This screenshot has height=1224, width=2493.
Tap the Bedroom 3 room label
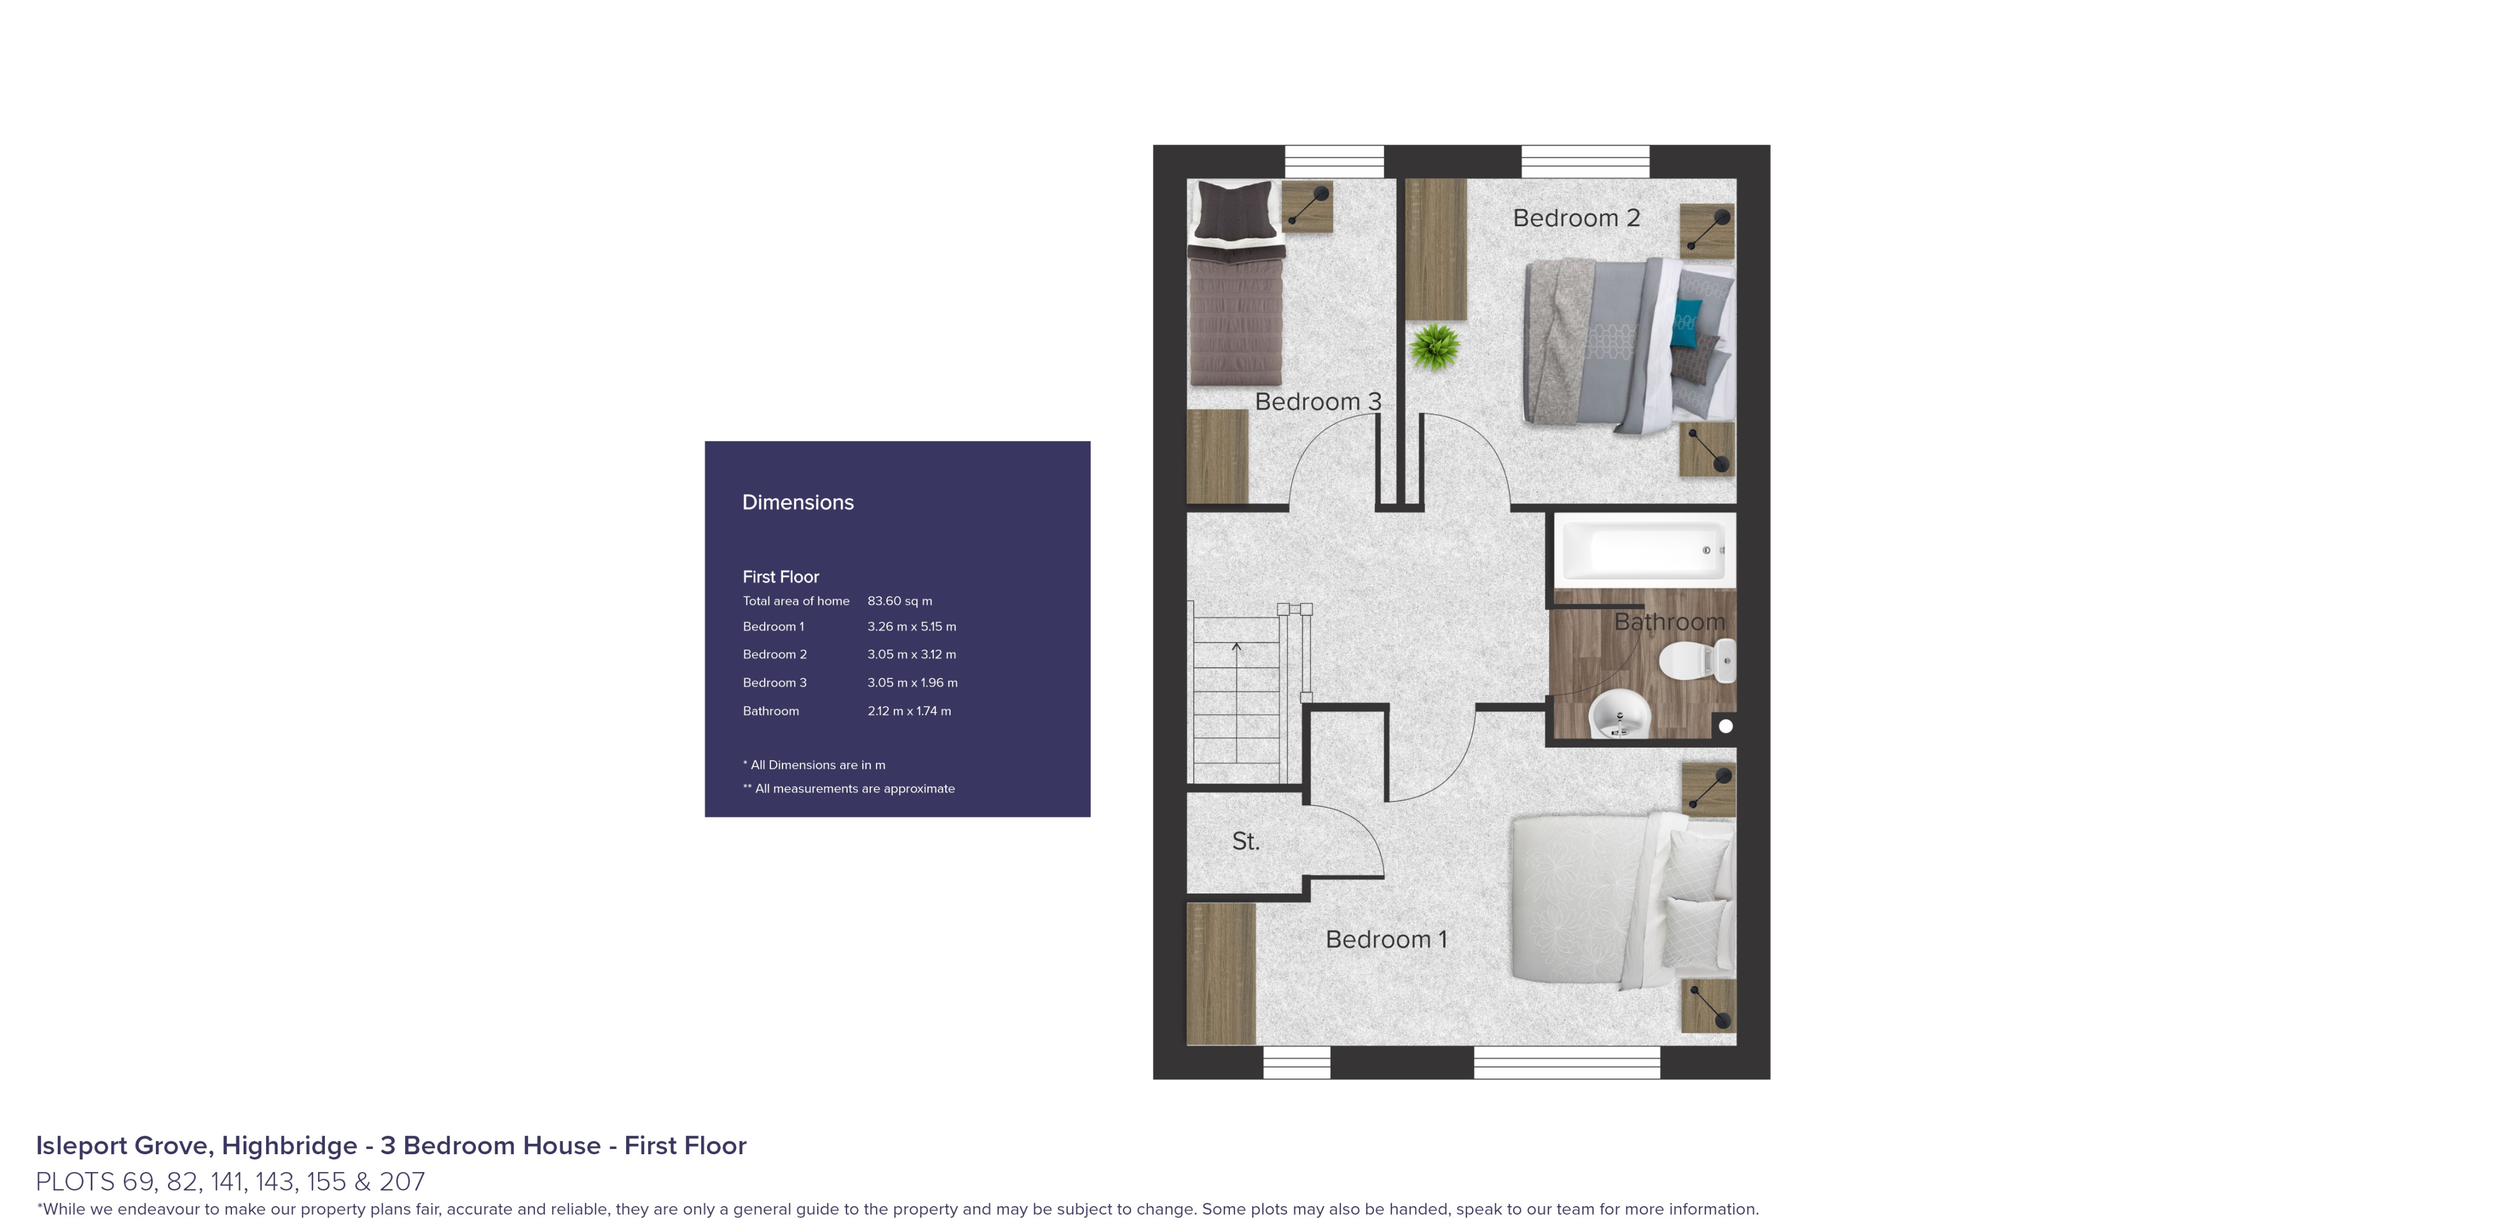(x=1317, y=401)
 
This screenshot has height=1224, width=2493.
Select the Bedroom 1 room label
(x=1386, y=940)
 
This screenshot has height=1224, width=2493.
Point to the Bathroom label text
(x=1670, y=622)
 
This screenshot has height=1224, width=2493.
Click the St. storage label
(x=1245, y=842)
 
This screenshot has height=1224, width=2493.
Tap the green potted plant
(x=1434, y=347)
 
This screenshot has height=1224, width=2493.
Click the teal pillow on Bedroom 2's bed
(x=1687, y=323)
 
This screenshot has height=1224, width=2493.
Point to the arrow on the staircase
(x=1237, y=650)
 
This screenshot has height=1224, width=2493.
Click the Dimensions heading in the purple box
(x=798, y=502)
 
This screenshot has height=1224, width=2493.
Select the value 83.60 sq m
(x=899, y=601)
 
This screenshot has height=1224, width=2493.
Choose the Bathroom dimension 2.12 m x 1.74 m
(x=909, y=711)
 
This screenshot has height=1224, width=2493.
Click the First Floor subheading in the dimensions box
(x=780, y=577)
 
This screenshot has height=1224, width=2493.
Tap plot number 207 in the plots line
(x=403, y=1181)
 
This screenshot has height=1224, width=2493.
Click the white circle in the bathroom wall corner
(x=1725, y=726)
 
